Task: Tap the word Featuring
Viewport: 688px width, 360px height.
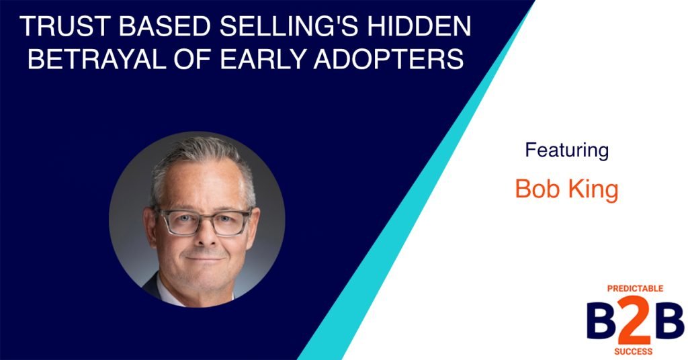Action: (x=566, y=150)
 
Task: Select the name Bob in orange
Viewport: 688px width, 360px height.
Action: (x=537, y=189)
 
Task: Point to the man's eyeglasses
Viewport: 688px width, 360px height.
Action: (x=202, y=222)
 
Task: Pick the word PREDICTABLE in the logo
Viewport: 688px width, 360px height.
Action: (x=634, y=288)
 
